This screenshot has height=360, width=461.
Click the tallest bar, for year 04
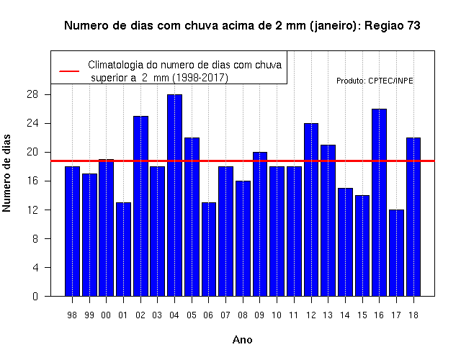(x=174, y=195)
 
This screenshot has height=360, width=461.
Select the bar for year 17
(x=396, y=253)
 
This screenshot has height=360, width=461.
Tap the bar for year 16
(x=380, y=202)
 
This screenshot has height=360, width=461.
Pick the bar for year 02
(x=141, y=206)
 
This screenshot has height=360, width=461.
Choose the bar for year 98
(x=72, y=231)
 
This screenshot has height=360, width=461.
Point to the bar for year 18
(x=413, y=217)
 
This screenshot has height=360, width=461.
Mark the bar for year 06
(x=209, y=249)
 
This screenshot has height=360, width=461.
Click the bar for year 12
(x=311, y=210)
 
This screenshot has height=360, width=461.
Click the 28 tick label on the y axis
(x=32, y=94)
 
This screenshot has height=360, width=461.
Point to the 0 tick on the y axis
(x=35, y=296)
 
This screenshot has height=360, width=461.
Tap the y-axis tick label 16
(x=32, y=181)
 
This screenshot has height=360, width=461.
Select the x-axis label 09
(x=259, y=315)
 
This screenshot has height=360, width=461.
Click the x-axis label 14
(x=345, y=315)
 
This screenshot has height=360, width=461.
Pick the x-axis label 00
(x=106, y=315)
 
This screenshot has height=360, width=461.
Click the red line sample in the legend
(x=69, y=71)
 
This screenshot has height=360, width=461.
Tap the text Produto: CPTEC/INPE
(x=375, y=81)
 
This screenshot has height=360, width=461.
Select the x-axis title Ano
(x=242, y=340)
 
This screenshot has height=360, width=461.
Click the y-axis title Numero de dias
(x=6, y=173)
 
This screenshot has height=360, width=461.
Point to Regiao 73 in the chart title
(x=392, y=26)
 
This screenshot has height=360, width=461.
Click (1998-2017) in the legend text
(x=200, y=78)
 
